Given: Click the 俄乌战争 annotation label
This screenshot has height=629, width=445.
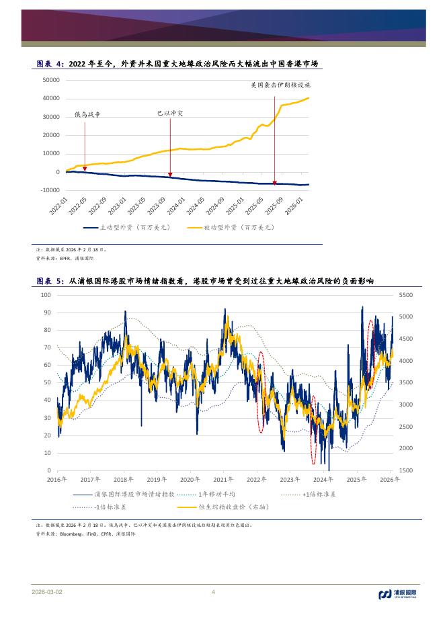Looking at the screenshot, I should coord(87,115).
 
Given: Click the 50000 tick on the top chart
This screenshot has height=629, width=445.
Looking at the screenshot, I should coord(51,80).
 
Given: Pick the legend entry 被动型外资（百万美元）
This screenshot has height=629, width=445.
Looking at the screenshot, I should coord(231,228).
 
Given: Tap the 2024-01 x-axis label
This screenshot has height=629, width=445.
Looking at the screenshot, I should coord(177,206).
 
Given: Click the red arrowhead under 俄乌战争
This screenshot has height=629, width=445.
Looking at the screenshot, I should coord(85,170).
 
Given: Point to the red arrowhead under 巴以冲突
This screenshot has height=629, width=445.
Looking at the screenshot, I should coord(170,173).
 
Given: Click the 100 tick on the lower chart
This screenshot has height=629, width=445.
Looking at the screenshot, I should coord(46,295).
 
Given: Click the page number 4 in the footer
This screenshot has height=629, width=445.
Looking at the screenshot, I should coord(213,592).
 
